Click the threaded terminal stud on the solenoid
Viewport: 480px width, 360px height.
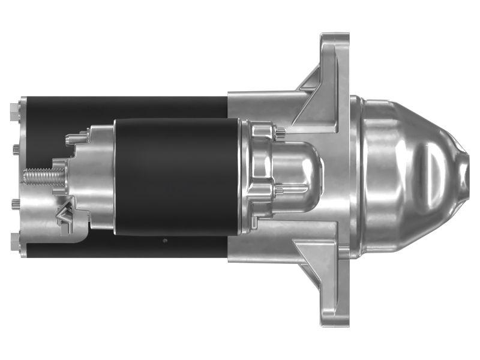42,176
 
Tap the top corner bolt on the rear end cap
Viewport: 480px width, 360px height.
14,109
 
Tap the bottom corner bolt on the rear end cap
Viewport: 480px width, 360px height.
14,244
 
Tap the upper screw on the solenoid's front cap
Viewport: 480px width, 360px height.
280,133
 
